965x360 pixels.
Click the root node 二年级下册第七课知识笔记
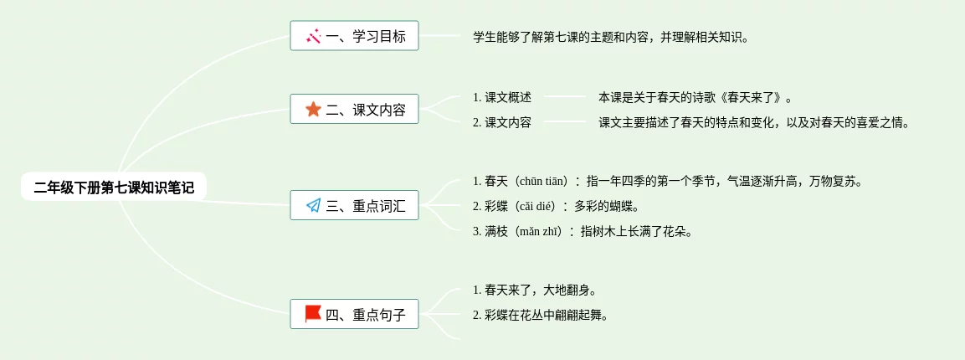click(114, 188)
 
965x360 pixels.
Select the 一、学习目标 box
click(354, 36)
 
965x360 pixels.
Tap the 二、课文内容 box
click(354, 110)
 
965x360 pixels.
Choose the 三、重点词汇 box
click(354, 206)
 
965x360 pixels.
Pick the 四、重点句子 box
click(354, 315)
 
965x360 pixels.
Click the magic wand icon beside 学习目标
click(314, 36)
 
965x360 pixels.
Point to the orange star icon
click(313, 109)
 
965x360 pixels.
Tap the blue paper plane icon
click(313, 206)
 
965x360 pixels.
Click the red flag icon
click(313, 314)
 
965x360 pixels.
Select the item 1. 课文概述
click(502, 97)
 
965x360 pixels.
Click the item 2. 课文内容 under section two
click(502, 122)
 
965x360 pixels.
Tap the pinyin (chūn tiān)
click(544, 181)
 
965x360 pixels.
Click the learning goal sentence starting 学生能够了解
click(611, 37)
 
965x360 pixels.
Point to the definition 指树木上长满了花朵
click(636, 231)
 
